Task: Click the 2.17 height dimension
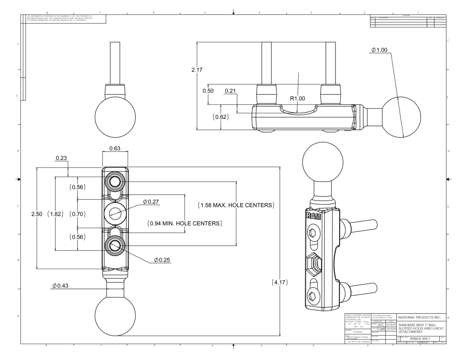pyautogui.click(x=197, y=70)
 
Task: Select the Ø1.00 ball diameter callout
pyautogui.click(x=379, y=50)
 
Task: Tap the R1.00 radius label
pyautogui.click(x=297, y=98)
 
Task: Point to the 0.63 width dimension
pyautogui.click(x=115, y=149)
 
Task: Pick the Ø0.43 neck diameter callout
pyautogui.click(x=60, y=286)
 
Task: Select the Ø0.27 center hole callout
pyautogui.click(x=151, y=202)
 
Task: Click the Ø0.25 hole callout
pyautogui.click(x=162, y=260)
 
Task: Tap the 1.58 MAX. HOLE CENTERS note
pyautogui.click(x=236, y=205)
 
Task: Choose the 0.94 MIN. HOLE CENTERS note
pyautogui.click(x=185, y=223)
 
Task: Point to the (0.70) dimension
pyautogui.click(x=78, y=214)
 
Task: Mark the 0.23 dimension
pyautogui.click(x=61, y=158)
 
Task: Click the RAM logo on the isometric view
pyautogui.click(x=313, y=216)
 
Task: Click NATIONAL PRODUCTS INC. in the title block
pyautogui.click(x=419, y=317)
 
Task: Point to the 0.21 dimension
pyautogui.click(x=230, y=91)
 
